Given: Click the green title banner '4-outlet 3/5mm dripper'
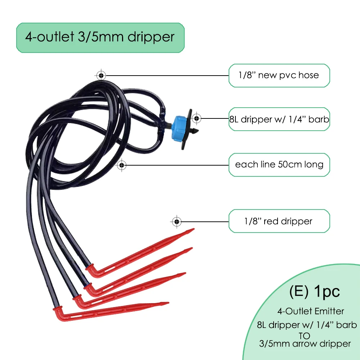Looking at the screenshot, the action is tap(100, 37).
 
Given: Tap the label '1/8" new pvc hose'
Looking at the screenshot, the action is tap(279, 75).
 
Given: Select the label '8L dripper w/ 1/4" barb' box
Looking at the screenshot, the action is tap(279, 119).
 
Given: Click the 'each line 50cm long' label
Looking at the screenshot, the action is tap(279, 165).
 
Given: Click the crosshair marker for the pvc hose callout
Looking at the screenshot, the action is tap(101, 75).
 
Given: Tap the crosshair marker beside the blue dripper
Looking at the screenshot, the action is tap(196, 118).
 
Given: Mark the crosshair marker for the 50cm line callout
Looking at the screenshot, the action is tap(122, 165).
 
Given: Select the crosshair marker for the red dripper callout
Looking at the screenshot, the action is tap(176, 221).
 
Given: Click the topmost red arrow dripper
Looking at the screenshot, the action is tap(140, 252).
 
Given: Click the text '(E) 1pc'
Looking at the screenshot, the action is tap(314, 292).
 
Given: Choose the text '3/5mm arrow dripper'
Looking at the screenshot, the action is tap(305, 344).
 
